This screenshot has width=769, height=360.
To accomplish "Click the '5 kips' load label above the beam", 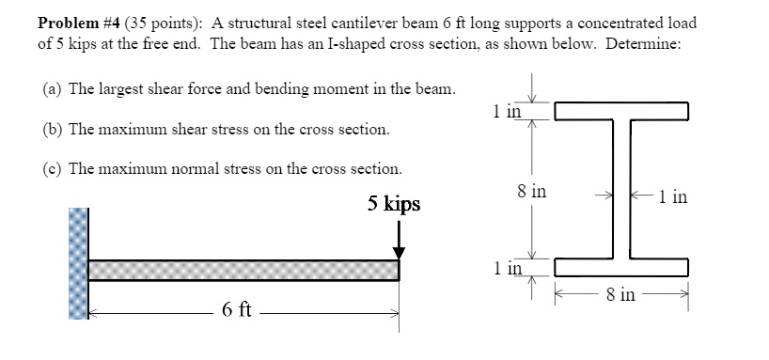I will [x=394, y=204].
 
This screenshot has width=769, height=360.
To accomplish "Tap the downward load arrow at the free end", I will [x=400, y=240].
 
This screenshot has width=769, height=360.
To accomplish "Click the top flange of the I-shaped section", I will [x=621, y=113].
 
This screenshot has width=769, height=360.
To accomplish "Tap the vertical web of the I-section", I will [x=621, y=188].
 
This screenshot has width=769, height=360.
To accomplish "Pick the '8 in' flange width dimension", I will [x=620, y=295].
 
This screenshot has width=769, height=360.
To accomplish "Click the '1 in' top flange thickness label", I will [x=506, y=112].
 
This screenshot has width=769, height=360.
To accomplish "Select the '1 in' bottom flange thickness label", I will [x=506, y=268].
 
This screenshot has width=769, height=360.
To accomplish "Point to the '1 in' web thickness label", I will [x=673, y=197].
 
